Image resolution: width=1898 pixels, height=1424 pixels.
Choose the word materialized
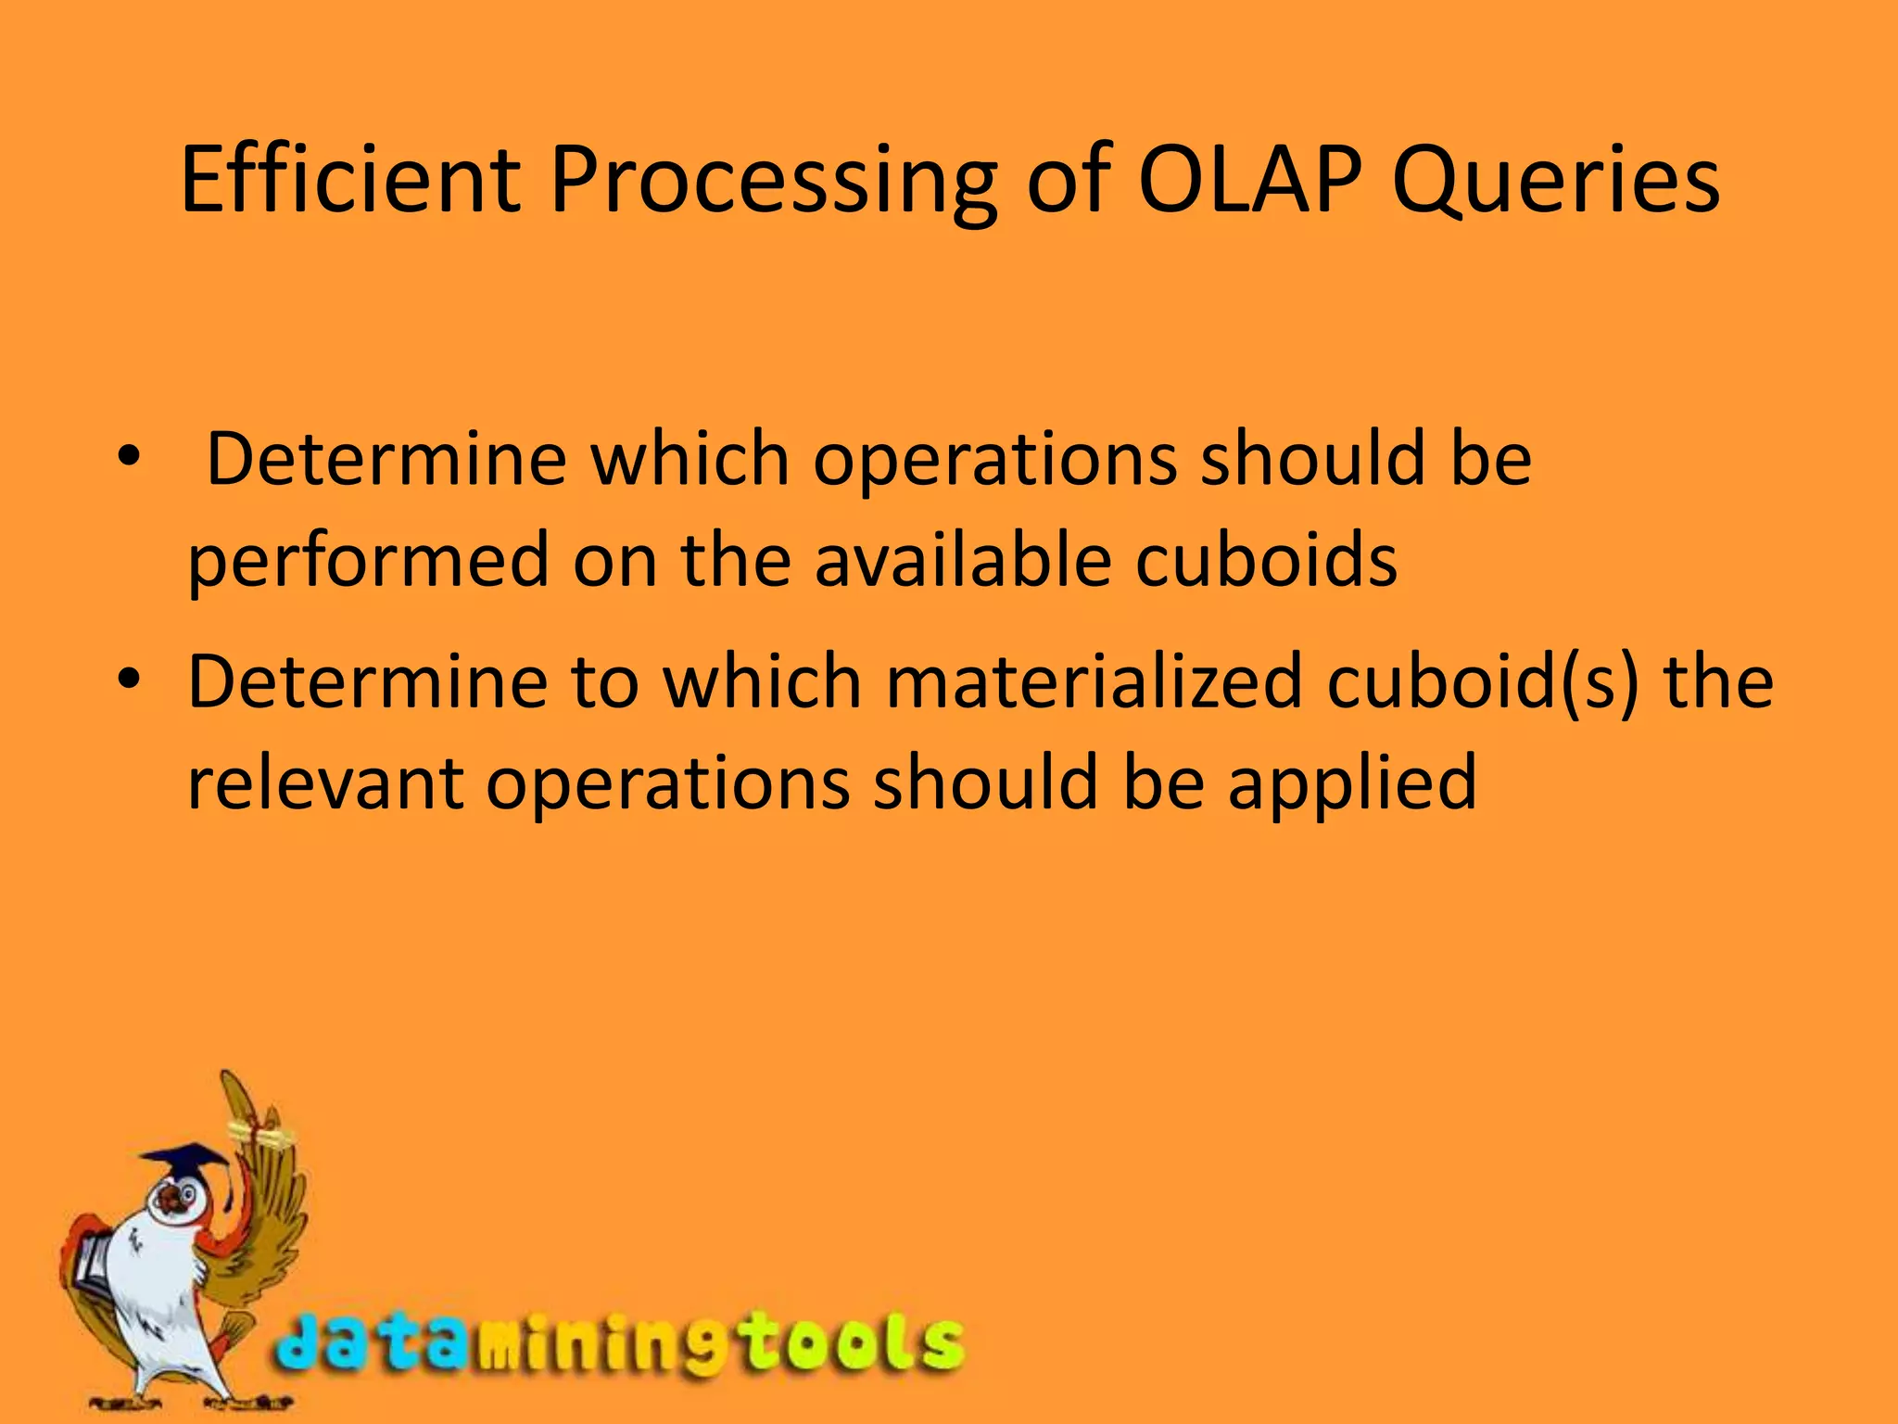coord(1095,681)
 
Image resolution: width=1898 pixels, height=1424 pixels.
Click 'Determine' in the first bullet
coord(386,458)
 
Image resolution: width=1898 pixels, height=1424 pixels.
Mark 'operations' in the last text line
coord(667,783)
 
